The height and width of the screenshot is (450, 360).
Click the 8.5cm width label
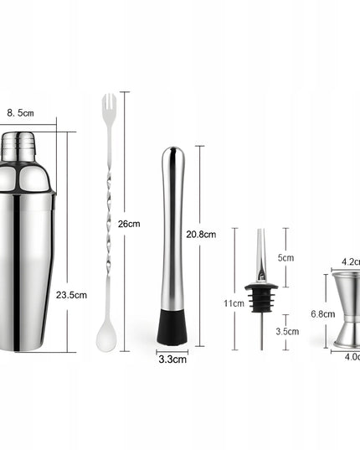point(20,113)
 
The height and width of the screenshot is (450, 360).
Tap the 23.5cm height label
point(71,295)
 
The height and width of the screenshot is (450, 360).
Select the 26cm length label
point(129,224)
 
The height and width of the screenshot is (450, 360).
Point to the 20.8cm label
point(201,235)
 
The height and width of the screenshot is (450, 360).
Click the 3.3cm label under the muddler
point(172,359)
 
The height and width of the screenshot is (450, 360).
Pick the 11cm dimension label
point(234,303)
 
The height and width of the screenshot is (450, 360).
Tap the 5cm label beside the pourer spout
point(285,258)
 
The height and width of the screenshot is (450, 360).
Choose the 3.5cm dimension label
point(287,332)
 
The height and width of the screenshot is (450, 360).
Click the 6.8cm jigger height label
point(322,314)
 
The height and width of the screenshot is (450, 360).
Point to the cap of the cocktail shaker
point(18,147)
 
